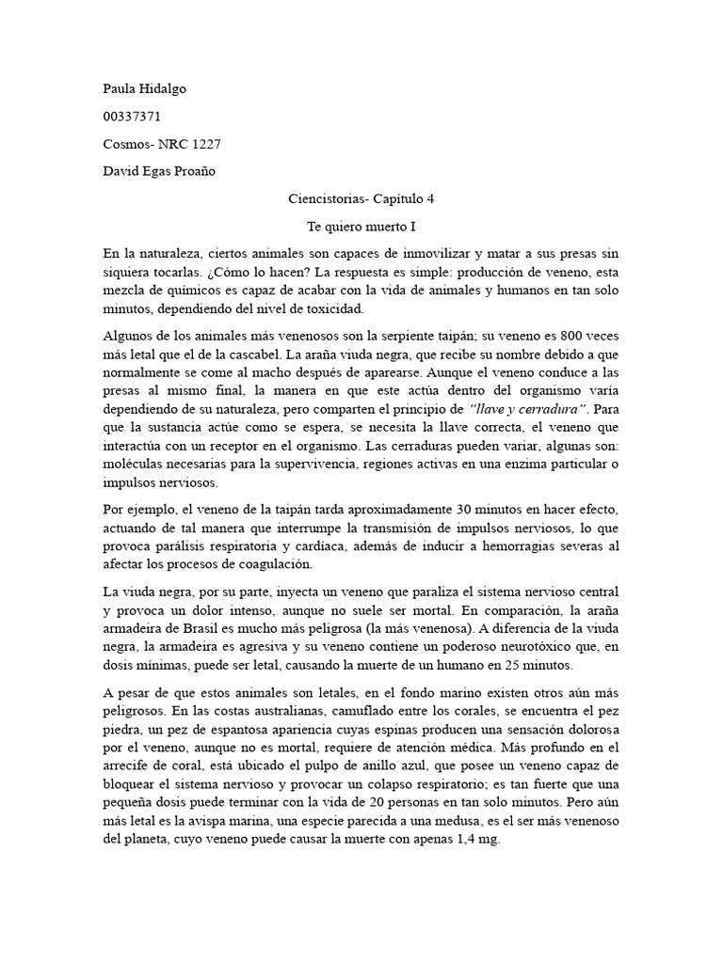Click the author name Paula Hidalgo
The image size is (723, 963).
144,88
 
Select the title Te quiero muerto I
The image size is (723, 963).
361,227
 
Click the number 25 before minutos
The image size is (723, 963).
506,665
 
